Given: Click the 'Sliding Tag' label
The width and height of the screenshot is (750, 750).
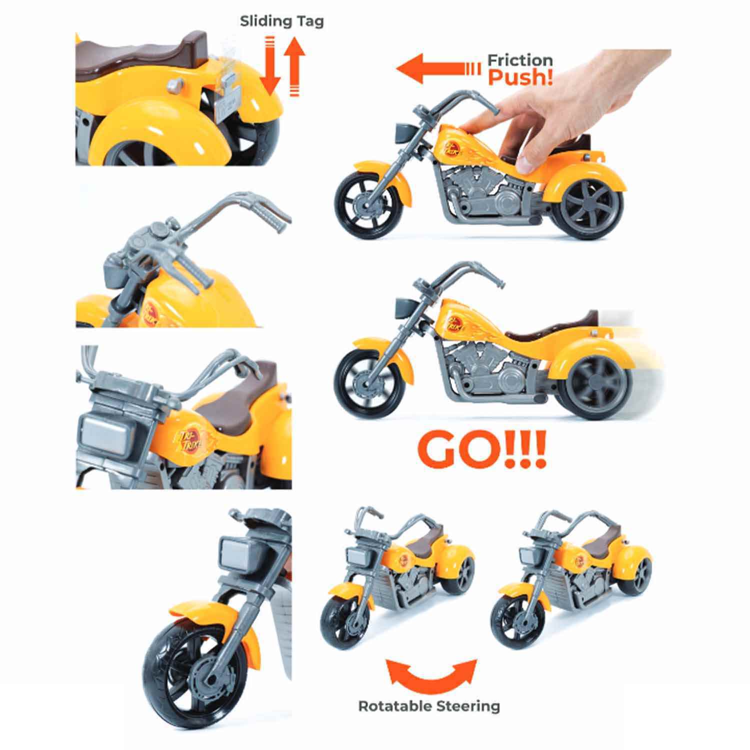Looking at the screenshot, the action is pos(281,21).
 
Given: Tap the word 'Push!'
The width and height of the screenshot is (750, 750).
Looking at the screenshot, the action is pos(520,77).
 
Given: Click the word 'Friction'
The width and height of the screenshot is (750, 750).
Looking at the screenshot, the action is pos(520,60).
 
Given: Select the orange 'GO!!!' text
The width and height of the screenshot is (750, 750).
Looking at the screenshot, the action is pos(482,451).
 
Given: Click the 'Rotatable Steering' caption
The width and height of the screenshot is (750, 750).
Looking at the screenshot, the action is pos(429,706).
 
